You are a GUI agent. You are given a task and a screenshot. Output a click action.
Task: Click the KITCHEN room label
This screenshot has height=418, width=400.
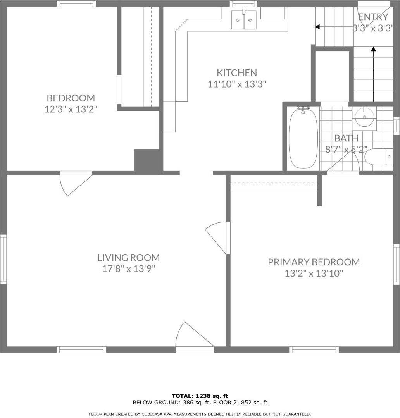(237, 72)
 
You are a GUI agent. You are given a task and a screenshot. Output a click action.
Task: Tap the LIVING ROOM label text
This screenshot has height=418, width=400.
(129, 258)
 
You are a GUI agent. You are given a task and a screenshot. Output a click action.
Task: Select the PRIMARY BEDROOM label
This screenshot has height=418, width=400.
(314, 262)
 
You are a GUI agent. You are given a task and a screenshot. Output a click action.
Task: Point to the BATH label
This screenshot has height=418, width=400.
(346, 138)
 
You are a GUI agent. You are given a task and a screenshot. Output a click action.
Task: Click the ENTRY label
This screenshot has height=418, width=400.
(373, 17)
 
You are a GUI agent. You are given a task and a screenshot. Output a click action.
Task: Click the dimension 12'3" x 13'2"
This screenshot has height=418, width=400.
(71, 109)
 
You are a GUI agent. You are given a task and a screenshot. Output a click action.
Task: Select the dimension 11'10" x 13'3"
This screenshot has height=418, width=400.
(237, 84)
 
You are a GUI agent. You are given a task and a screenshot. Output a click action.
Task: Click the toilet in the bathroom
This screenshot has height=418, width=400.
(378, 157)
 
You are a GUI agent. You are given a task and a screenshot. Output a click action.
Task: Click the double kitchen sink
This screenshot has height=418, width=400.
(244, 19)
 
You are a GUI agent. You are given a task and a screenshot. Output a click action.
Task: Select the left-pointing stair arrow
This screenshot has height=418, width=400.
(334, 27)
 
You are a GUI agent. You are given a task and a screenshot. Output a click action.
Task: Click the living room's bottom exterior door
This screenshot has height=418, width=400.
(195, 337)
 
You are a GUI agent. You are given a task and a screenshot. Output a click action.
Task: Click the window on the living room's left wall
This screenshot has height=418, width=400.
(3, 258)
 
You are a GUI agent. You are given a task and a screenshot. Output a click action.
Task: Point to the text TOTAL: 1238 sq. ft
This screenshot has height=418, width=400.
(200, 396)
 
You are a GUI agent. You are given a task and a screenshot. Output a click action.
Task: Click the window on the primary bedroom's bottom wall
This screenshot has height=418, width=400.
(314, 349)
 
